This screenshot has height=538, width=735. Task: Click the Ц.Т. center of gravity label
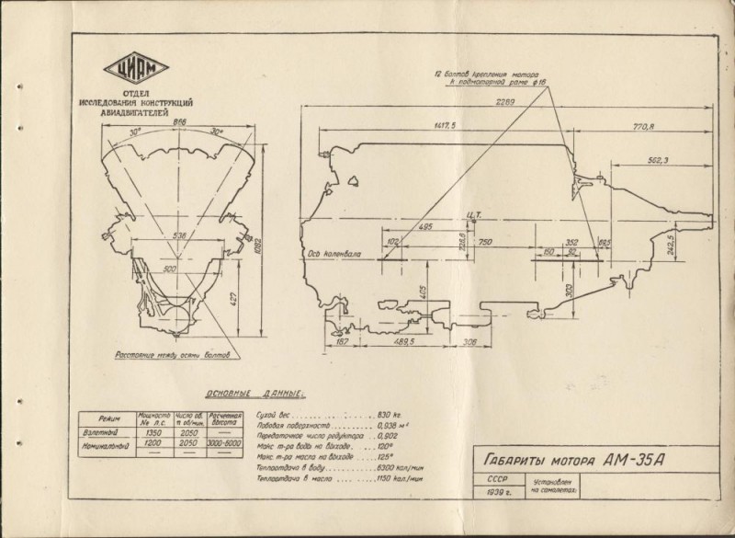coord(474,217)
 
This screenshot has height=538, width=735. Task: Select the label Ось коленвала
coord(332,252)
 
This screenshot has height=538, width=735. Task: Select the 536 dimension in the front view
coord(181,236)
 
